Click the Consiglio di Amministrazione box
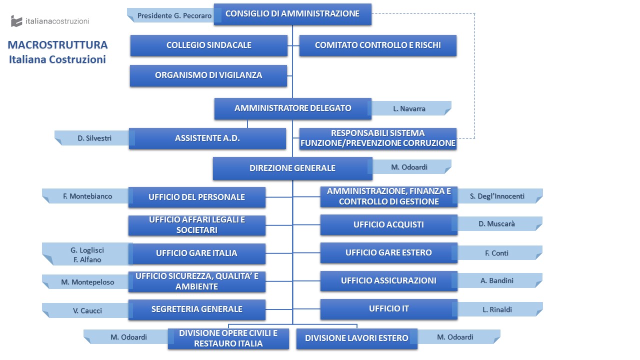pyautogui.click(x=292, y=14)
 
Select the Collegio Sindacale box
pyautogui.click(x=209, y=45)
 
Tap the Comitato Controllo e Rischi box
pyautogui.click(x=377, y=45)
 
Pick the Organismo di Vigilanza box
pyautogui.click(x=208, y=75)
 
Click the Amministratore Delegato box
pyautogui.click(x=293, y=108)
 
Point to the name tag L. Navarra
pyautogui.click(x=411, y=108)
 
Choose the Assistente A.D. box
pyautogui.click(x=207, y=138)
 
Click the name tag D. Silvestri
pyautogui.click(x=92, y=138)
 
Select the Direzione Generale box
pyautogui.click(x=292, y=168)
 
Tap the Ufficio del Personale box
pyautogui.click(x=197, y=197)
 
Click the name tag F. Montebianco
pyautogui.click(x=85, y=196)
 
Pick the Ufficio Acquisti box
pyautogui.click(x=389, y=224)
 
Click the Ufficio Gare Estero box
pyautogui.click(x=389, y=252)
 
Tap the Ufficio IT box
pyautogui.click(x=389, y=309)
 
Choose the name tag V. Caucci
pyautogui.click(x=85, y=310)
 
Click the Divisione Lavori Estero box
pyautogui.click(x=357, y=338)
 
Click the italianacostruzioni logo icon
pyautogui.click(x=16, y=21)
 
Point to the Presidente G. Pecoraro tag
pyautogui.click(x=171, y=15)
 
